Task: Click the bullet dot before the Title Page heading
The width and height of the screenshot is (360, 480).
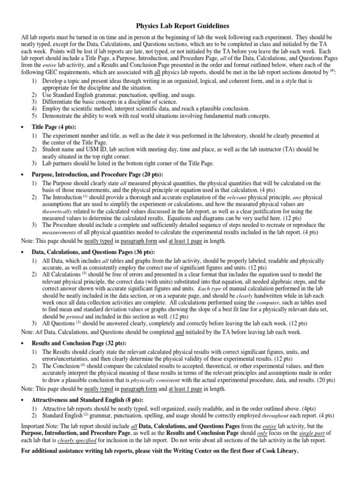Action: pyautogui.click(x=24, y=127)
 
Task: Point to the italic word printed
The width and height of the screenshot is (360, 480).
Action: pyautogui.click(x=77, y=316)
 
